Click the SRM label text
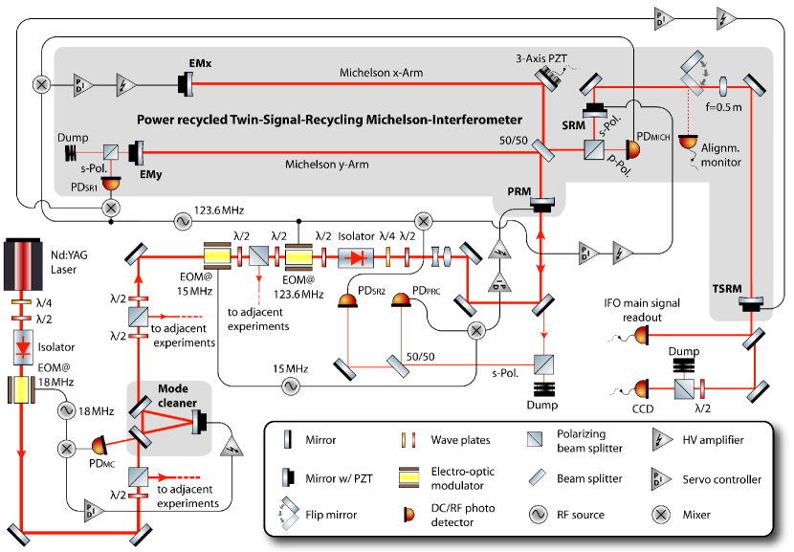(x=575, y=125)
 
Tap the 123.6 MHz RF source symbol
(x=178, y=222)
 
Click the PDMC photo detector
(x=99, y=446)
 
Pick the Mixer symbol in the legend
(x=661, y=515)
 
